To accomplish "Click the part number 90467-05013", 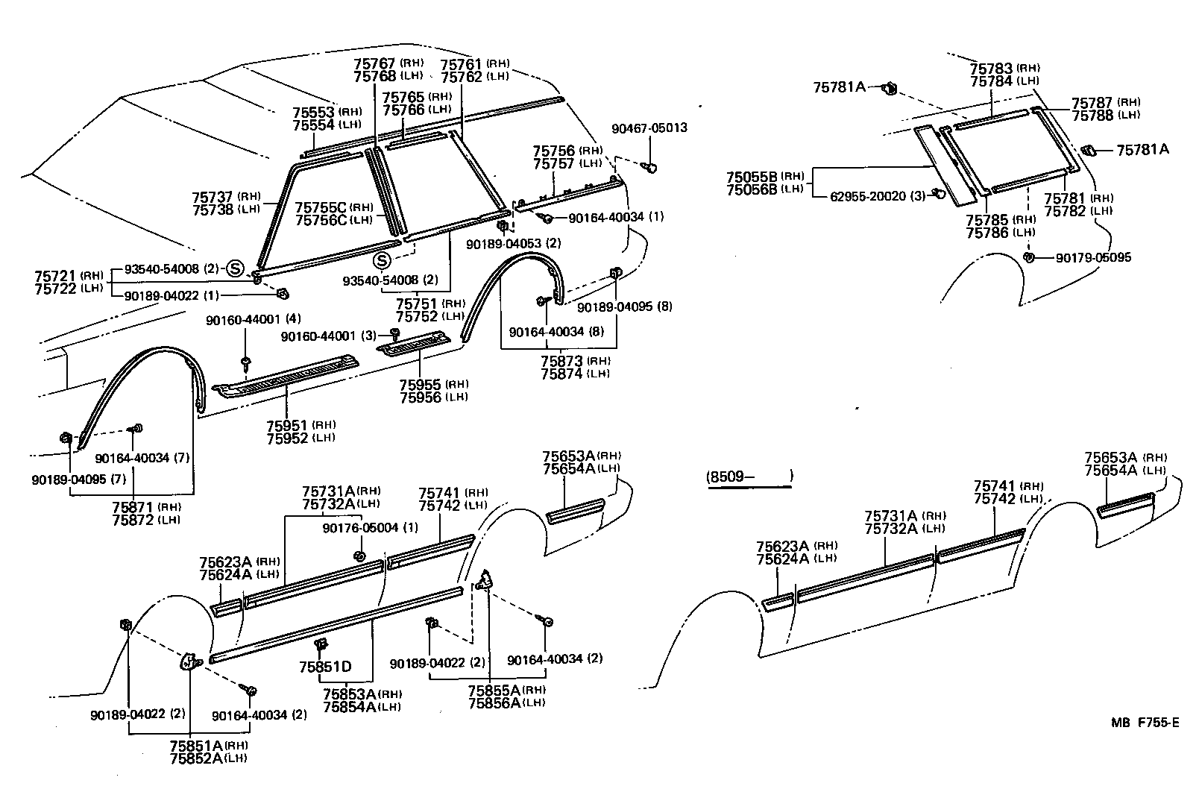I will [x=649, y=128].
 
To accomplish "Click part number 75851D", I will [x=324, y=667].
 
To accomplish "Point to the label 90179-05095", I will [x=1093, y=257].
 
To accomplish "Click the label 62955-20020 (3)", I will [x=878, y=196].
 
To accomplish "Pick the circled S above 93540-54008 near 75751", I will [x=382, y=260].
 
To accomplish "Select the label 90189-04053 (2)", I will [x=513, y=243].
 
